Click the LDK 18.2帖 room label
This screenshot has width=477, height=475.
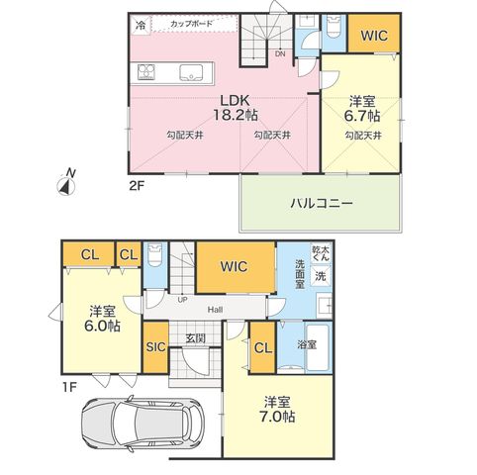pos(235,107)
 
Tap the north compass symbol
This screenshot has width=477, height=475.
pos(66,183)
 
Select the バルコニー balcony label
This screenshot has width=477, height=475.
pos(322,203)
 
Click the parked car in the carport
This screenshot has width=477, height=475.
pos(143,424)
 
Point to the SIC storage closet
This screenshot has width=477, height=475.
pos(155,347)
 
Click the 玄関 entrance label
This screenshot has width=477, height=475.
pos(195,338)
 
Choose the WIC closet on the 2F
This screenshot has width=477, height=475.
pos(374,34)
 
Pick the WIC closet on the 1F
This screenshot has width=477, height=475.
pos(236,267)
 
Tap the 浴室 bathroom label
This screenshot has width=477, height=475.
pos(307,345)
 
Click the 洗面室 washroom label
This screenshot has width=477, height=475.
pos(300,274)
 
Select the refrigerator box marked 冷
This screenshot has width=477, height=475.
pos(141,25)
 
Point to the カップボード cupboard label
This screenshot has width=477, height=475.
pos(191,24)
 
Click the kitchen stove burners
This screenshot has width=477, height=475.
pos(146,72)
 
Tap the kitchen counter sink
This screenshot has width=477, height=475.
pos(191,72)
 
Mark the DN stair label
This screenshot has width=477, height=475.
pos(280,54)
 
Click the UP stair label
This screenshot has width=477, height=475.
pos(182,300)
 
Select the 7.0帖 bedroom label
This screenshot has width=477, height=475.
pos(277,410)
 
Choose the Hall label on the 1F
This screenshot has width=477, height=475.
pos(215,310)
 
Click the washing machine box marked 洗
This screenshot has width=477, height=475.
pos(321,276)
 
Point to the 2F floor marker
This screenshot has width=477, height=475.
pos(137,187)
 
